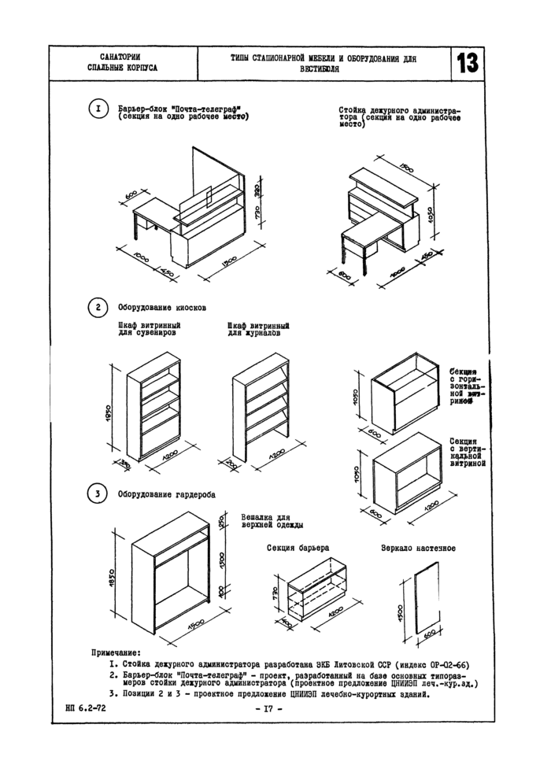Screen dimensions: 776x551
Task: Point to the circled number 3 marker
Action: tap(97, 493)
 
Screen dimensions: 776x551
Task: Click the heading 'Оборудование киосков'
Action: tap(162, 308)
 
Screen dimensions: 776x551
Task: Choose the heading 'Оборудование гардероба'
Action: tap(167, 494)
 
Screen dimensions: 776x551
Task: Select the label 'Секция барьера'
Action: tap(298, 546)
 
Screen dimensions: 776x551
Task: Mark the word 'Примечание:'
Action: tap(116, 652)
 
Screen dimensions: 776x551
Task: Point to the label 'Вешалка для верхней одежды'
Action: tap(272, 520)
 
